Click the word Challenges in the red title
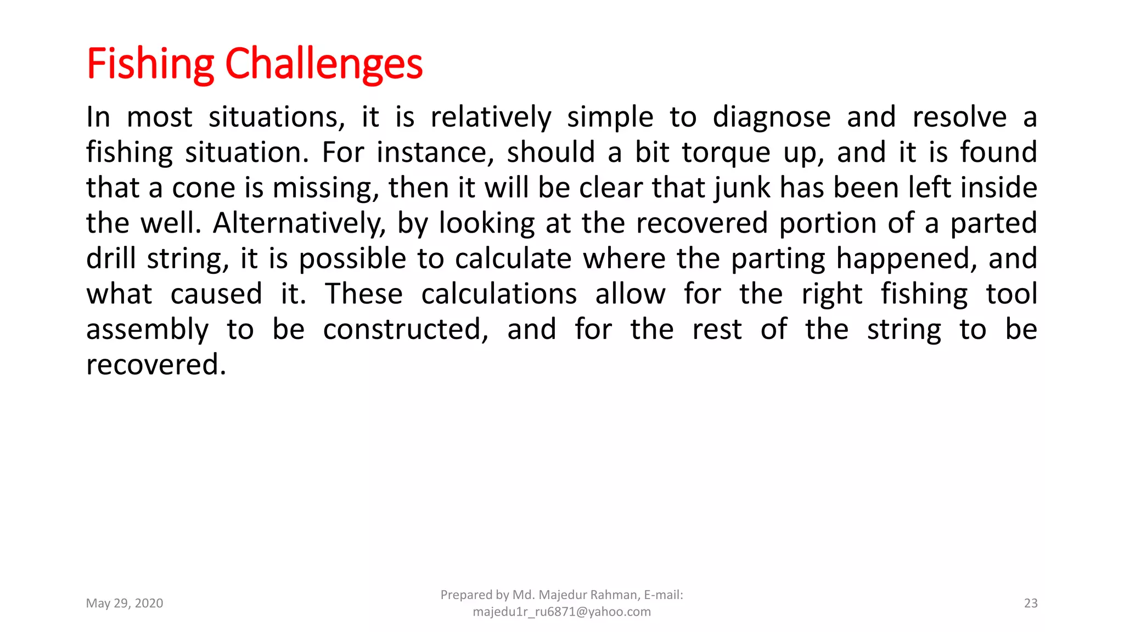pos(324,64)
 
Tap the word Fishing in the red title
pos(150,64)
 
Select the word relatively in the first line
pos(491,117)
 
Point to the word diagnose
pos(772,117)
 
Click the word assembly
pos(147,330)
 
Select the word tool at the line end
pos(1011,294)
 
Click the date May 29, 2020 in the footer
pos(125,603)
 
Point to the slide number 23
pos(1031,603)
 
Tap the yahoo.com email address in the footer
pos(561,612)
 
